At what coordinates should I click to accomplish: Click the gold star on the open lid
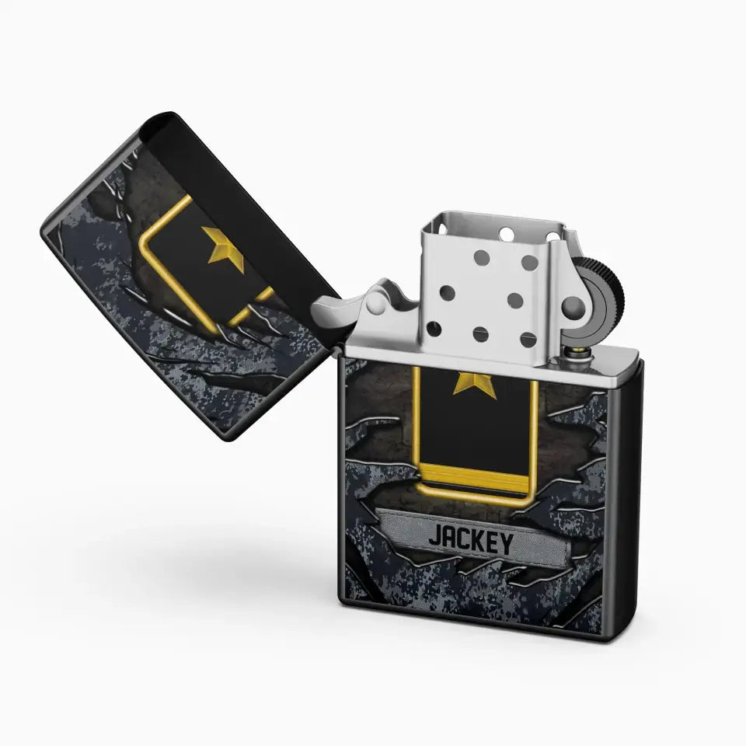coord(225,247)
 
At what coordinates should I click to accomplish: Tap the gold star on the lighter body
coord(475,385)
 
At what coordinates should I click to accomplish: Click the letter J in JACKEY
coord(436,535)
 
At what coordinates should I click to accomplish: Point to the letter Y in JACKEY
coord(505,544)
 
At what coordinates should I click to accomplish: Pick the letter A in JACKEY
coord(450,537)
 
